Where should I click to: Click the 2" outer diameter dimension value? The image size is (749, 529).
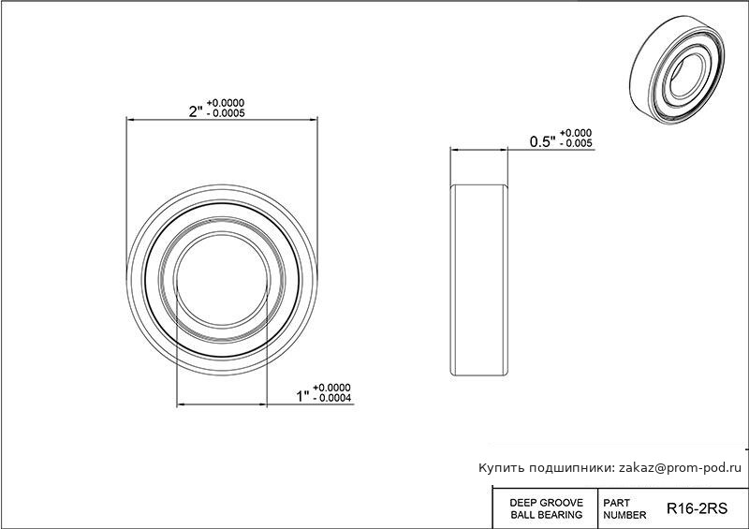[x=197, y=111]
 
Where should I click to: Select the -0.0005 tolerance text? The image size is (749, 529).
[x=226, y=113]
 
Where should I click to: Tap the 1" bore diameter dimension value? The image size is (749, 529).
[x=303, y=396]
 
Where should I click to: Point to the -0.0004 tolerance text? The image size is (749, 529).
[x=332, y=398]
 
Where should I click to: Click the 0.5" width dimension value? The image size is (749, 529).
[x=543, y=141]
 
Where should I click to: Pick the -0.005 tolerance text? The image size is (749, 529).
[x=576, y=143]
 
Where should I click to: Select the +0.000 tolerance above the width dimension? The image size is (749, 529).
[x=576, y=133]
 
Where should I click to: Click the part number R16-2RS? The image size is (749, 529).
[x=697, y=508]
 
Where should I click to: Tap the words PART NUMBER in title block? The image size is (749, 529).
[x=624, y=509]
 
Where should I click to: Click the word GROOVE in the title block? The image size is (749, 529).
[x=563, y=503]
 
